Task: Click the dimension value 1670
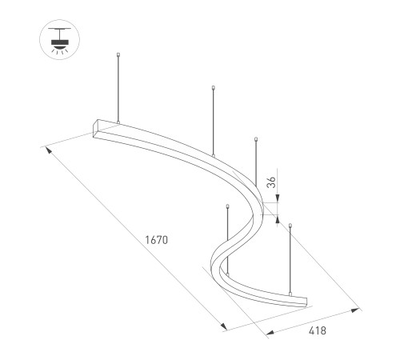pyautogui.click(x=157, y=240)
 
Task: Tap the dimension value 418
pyautogui.click(x=318, y=330)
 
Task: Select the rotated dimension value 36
pyautogui.click(x=272, y=182)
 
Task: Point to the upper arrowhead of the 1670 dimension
pyautogui.click(x=49, y=150)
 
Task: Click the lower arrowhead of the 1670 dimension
pyautogui.click(x=223, y=326)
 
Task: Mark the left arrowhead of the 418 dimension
pyautogui.click(x=270, y=333)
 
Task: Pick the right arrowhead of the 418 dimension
pyautogui.click(x=355, y=310)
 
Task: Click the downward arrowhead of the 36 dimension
pyautogui.click(x=278, y=198)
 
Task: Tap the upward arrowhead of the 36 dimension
pyautogui.click(x=278, y=218)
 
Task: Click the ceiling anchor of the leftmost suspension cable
pyautogui.click(x=118, y=54)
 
